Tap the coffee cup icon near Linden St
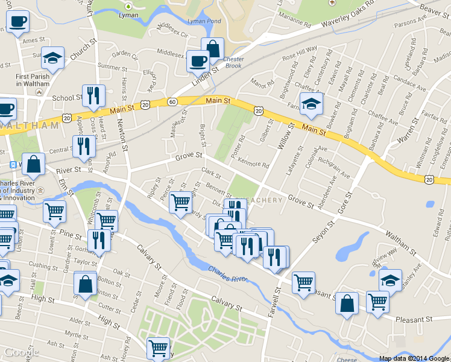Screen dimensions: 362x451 198,60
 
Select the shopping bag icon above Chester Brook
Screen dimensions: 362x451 213,48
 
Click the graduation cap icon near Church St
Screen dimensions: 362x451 52,58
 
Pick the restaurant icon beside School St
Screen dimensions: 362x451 93,95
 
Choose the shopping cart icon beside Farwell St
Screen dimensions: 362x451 303,282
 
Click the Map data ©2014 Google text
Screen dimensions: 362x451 415,358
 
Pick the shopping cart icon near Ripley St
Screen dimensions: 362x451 180,203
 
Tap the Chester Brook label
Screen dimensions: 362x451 233,62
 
